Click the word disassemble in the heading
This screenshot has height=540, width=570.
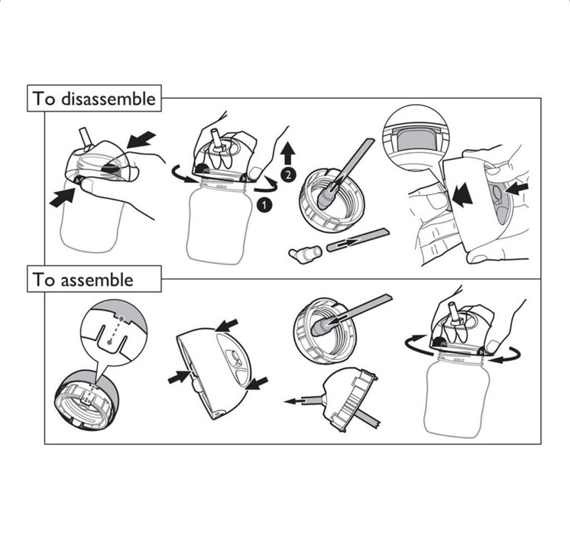tap(108, 99)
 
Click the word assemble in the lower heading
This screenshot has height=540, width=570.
tap(97, 279)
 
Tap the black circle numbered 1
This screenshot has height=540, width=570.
tap(264, 205)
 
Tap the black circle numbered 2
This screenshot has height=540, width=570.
tap(288, 175)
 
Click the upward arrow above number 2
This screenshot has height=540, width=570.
tap(288, 153)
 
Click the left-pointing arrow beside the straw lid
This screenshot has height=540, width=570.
tap(298, 401)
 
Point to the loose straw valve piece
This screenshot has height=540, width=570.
tap(305, 253)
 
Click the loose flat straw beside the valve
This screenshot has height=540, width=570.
tap(358, 240)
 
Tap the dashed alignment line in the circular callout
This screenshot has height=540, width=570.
tap(116, 330)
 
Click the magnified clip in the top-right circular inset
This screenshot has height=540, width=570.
tap(416, 140)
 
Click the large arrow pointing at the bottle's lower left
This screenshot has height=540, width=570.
tap(62, 198)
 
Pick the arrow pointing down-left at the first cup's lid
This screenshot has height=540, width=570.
tap(141, 140)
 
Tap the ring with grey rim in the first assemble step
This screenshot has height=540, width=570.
tap(87, 402)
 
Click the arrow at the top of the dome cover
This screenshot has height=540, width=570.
tap(226, 325)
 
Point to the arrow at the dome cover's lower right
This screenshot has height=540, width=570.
tap(257, 384)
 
